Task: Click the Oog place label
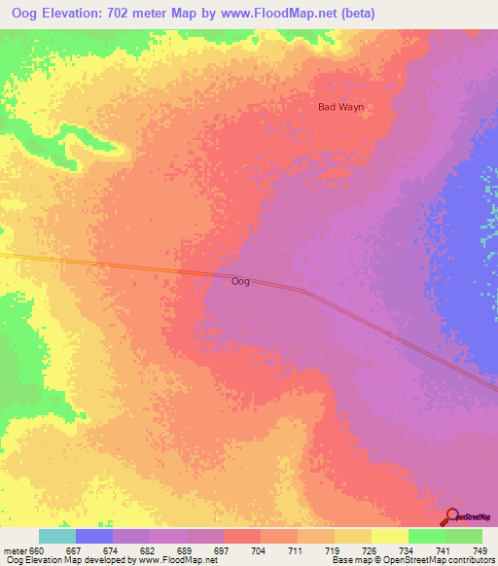pos(240,281)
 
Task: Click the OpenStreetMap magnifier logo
pos(452,517)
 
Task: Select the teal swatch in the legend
pos(57,536)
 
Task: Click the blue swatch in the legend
pos(94,536)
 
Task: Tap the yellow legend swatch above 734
pos(389,536)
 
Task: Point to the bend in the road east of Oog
pos(304,291)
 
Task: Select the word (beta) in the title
pos(353,14)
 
